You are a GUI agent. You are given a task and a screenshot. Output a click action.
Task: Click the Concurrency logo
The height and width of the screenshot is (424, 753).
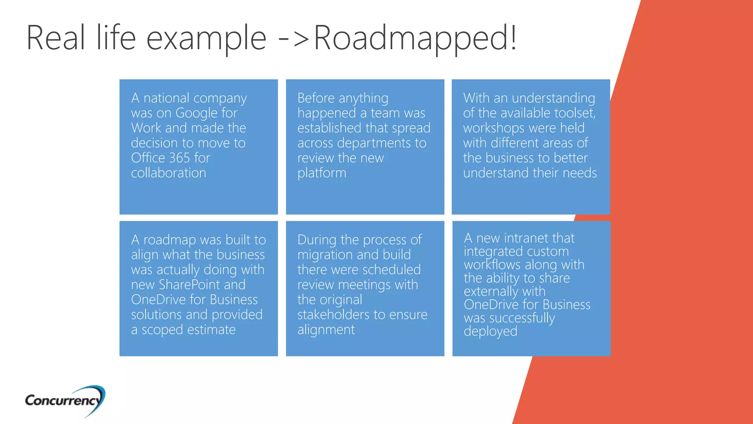(x=65, y=400)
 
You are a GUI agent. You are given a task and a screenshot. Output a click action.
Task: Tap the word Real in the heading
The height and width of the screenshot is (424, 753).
(x=56, y=38)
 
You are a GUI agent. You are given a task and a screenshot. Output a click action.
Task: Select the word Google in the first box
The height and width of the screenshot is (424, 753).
(x=196, y=113)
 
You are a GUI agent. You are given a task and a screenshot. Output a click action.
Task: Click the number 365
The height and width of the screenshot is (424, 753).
(x=177, y=158)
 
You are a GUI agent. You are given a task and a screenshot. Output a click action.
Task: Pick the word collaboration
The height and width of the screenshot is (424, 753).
(x=168, y=173)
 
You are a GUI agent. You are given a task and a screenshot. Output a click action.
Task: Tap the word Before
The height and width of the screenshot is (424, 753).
(x=316, y=98)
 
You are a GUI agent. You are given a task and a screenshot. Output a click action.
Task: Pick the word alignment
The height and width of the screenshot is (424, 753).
(x=326, y=330)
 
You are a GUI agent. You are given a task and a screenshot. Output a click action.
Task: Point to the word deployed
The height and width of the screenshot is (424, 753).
(x=490, y=332)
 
